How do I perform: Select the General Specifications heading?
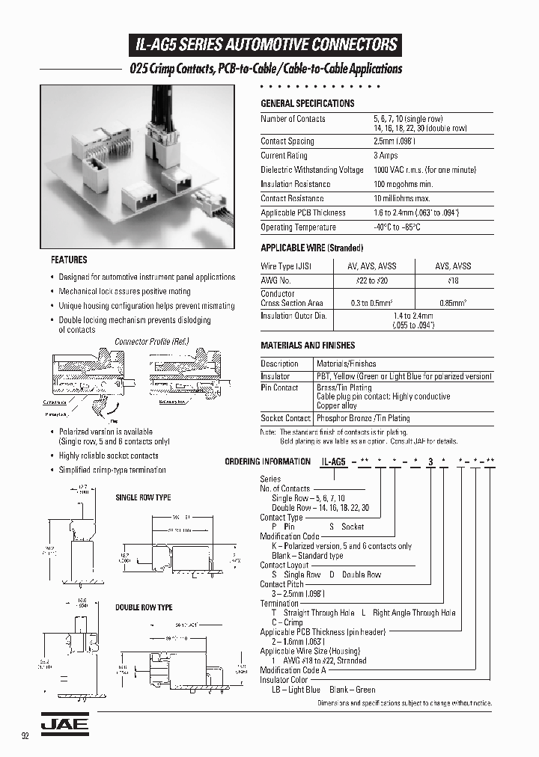(x=307, y=103)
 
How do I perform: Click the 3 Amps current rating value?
(x=386, y=156)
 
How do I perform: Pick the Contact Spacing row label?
(x=287, y=141)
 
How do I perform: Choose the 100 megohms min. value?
(x=404, y=184)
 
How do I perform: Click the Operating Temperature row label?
(x=298, y=227)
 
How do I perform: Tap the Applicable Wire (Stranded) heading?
(x=311, y=248)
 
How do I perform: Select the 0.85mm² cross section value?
(x=454, y=303)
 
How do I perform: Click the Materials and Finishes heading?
(x=308, y=346)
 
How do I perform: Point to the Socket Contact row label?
(x=285, y=419)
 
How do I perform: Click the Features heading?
(x=69, y=260)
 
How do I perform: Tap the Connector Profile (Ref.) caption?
(x=152, y=342)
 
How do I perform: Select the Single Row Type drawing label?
(x=143, y=497)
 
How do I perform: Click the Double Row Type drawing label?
(x=144, y=607)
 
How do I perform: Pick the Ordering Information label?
(x=267, y=462)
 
